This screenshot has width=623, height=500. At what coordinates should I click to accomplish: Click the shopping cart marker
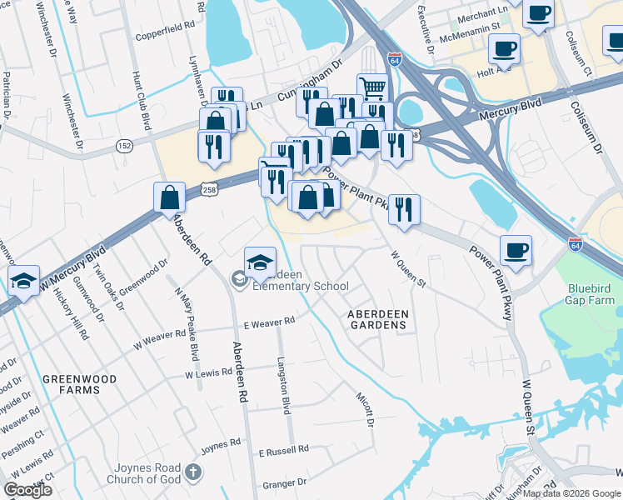click(373, 87)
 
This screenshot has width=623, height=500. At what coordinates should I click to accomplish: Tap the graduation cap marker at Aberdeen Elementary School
click(260, 261)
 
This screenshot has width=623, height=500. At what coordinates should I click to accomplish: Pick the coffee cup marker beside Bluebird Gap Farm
click(516, 249)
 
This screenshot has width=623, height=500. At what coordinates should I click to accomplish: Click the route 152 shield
click(124, 145)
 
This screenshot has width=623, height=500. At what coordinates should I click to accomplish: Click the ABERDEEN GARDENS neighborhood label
click(378, 318)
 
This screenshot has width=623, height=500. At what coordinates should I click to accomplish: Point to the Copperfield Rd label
click(165, 37)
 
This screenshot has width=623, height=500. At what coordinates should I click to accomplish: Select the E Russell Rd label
click(282, 452)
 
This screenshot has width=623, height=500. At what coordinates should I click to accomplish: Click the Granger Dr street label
click(286, 483)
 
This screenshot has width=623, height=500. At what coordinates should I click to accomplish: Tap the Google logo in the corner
click(27, 490)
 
